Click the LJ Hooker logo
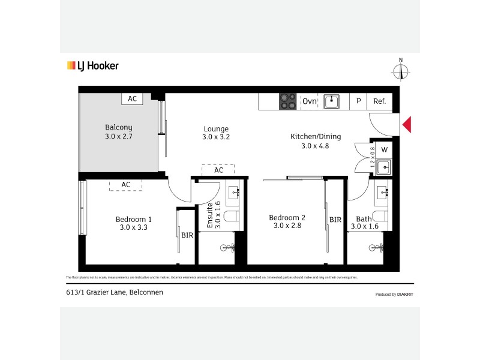coord(92,66)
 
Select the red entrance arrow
coord(406,125)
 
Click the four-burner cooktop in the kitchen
coord(288,101)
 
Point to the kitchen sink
coord(332,101)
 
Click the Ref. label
coord(379,101)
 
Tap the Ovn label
coord(309,101)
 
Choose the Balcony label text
coord(118,127)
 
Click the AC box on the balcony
coord(131,99)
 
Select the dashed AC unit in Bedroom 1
coord(126,185)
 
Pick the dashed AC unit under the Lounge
coord(218,170)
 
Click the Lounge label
coord(216,129)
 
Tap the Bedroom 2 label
coord(287,218)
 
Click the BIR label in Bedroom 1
coord(187,235)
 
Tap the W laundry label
coord(384,149)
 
